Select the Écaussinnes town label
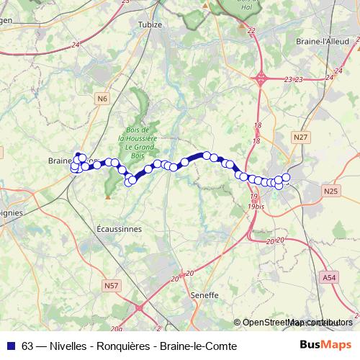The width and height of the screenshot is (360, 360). [120, 228]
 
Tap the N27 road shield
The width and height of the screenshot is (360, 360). [300, 136]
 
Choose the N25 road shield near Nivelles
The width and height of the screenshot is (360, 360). [330, 191]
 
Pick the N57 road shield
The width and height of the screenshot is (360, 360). [111, 286]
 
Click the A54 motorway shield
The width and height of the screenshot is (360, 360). [329, 277]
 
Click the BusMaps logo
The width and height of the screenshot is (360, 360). [325, 345]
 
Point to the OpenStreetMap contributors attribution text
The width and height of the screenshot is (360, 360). [297, 323]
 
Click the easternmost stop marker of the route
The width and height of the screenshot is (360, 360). [286, 177]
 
